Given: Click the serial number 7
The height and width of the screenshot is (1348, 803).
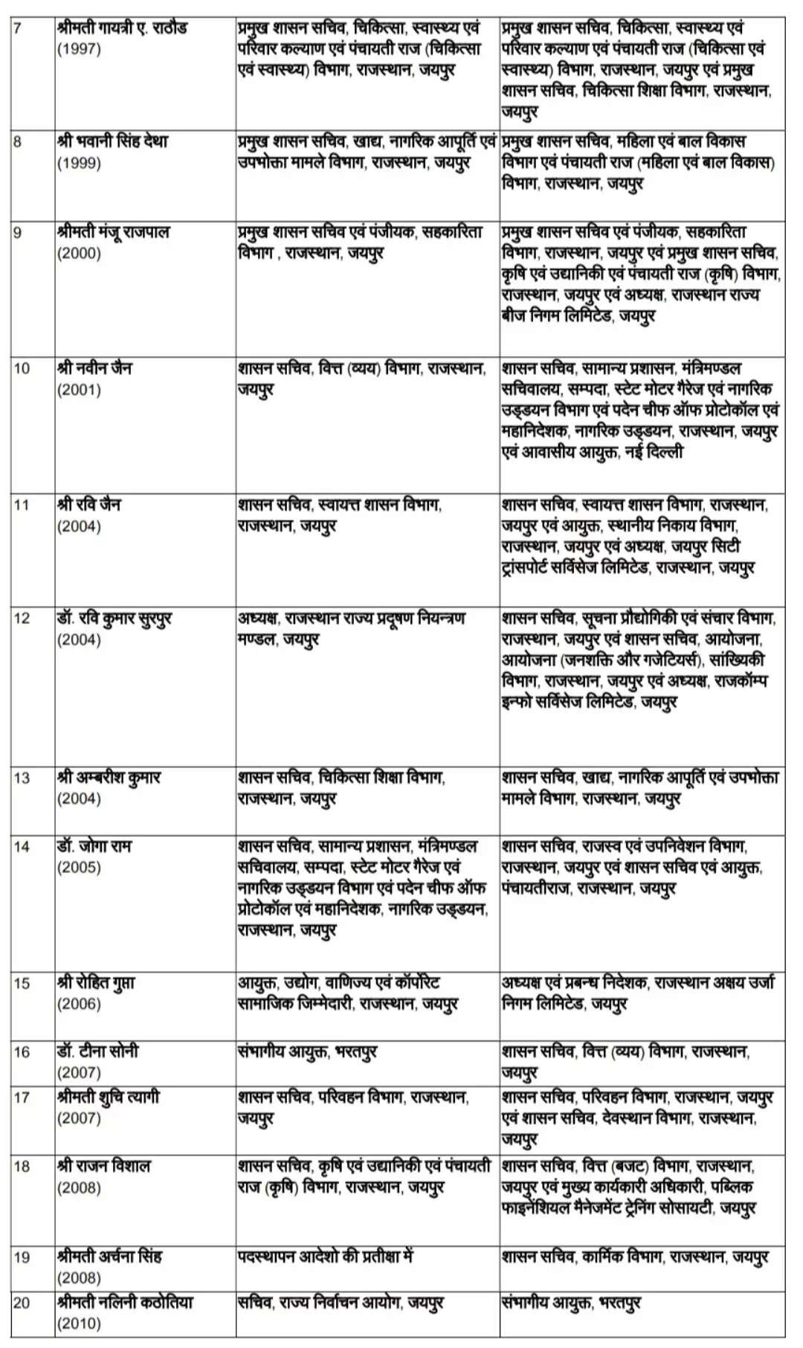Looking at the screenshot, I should click(x=17, y=29).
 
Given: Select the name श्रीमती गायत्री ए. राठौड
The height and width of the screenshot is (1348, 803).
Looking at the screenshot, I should click(x=122, y=29).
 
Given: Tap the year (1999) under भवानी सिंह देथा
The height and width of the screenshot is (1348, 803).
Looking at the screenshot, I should click(x=79, y=163).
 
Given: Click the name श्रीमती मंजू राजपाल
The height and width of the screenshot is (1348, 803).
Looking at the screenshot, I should click(x=114, y=232).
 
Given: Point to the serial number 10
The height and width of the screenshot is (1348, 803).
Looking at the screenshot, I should click(x=22, y=369).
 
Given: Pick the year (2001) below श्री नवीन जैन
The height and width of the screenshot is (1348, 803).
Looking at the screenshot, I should click(x=79, y=390).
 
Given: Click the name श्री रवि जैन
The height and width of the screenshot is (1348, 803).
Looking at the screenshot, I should click(x=89, y=505).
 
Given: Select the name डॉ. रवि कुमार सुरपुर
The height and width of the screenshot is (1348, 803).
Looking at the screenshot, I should click(x=115, y=619).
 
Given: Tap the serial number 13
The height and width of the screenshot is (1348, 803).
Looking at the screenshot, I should click(x=22, y=778).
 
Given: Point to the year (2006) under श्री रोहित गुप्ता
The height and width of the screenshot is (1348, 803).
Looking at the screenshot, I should click(x=79, y=1004).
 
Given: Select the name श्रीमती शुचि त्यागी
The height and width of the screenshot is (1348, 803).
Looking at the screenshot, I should click(x=109, y=1097).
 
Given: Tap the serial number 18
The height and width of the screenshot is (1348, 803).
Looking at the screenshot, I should click(x=22, y=1167).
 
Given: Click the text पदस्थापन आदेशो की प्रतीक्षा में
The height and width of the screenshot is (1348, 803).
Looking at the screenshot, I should click(x=326, y=1257).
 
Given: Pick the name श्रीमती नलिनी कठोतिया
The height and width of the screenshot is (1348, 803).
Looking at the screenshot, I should click(x=125, y=1303).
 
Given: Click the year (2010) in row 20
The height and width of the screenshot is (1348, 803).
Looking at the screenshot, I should click(x=79, y=1323).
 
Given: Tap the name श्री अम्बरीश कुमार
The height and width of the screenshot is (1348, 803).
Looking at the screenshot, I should click(x=109, y=778).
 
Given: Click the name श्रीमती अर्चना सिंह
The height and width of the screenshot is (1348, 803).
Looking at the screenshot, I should click(x=109, y=1257).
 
